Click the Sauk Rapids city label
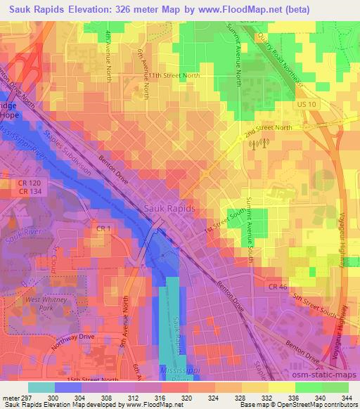point(169,209)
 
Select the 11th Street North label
point(174,74)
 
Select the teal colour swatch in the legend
point(42,387)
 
